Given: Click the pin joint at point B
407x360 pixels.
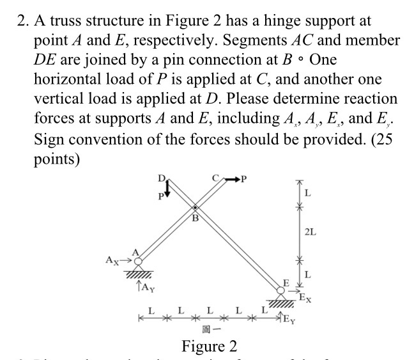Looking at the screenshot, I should [196, 208].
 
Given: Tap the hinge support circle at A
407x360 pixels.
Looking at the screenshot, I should [139, 261].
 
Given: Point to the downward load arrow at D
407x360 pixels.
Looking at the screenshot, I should [167, 189].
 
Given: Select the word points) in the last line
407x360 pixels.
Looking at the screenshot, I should [56, 159].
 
